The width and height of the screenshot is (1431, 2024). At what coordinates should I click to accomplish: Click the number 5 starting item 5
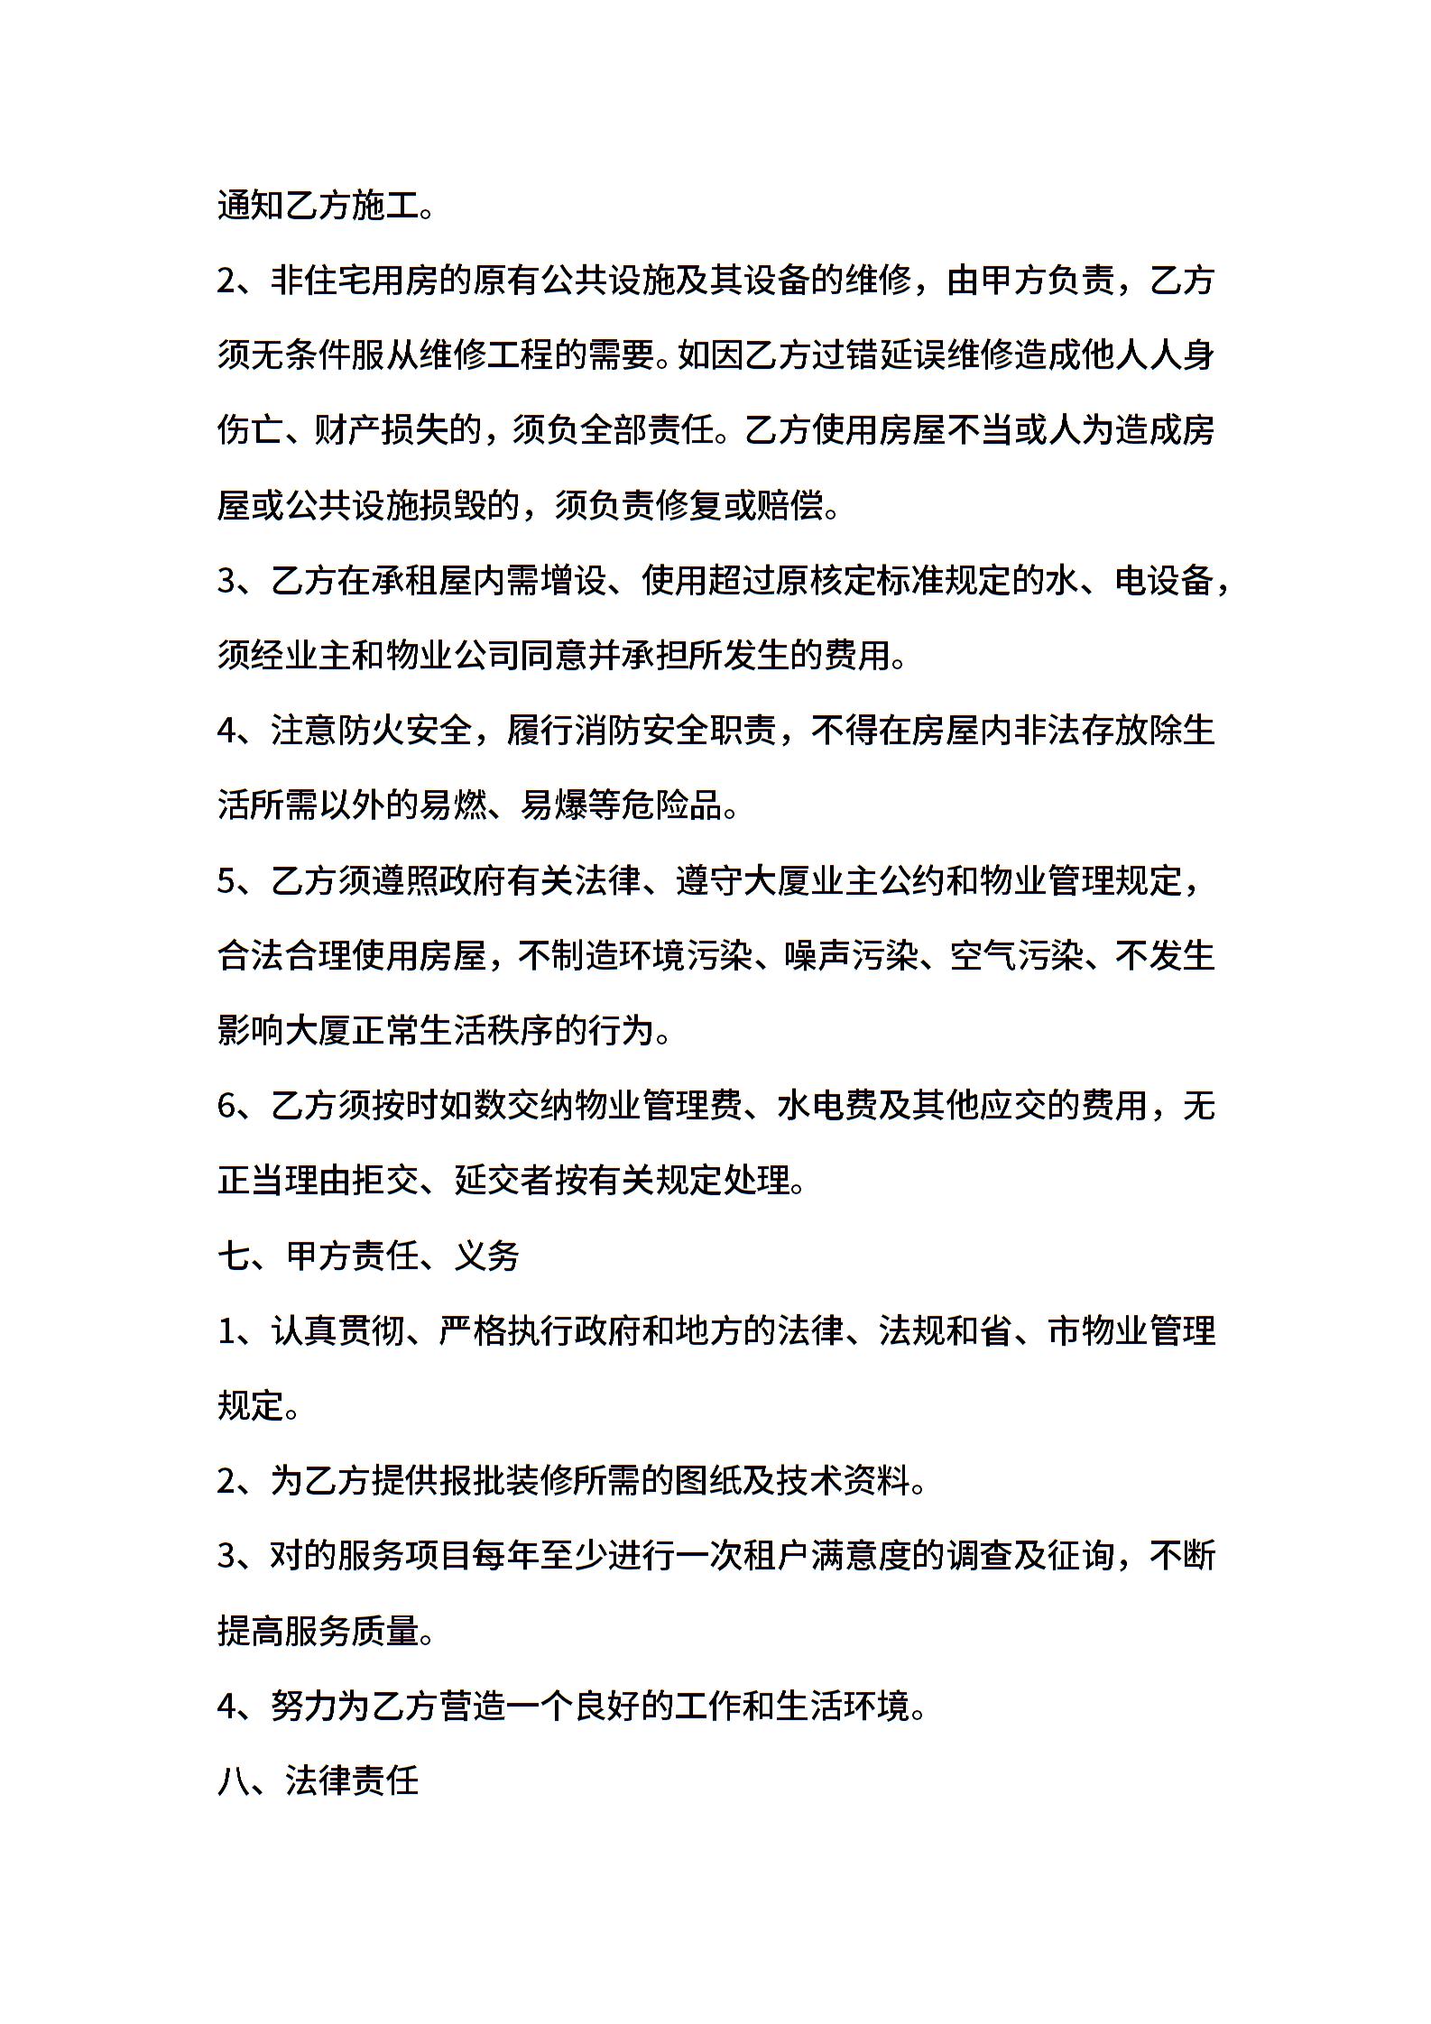click(226, 880)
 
